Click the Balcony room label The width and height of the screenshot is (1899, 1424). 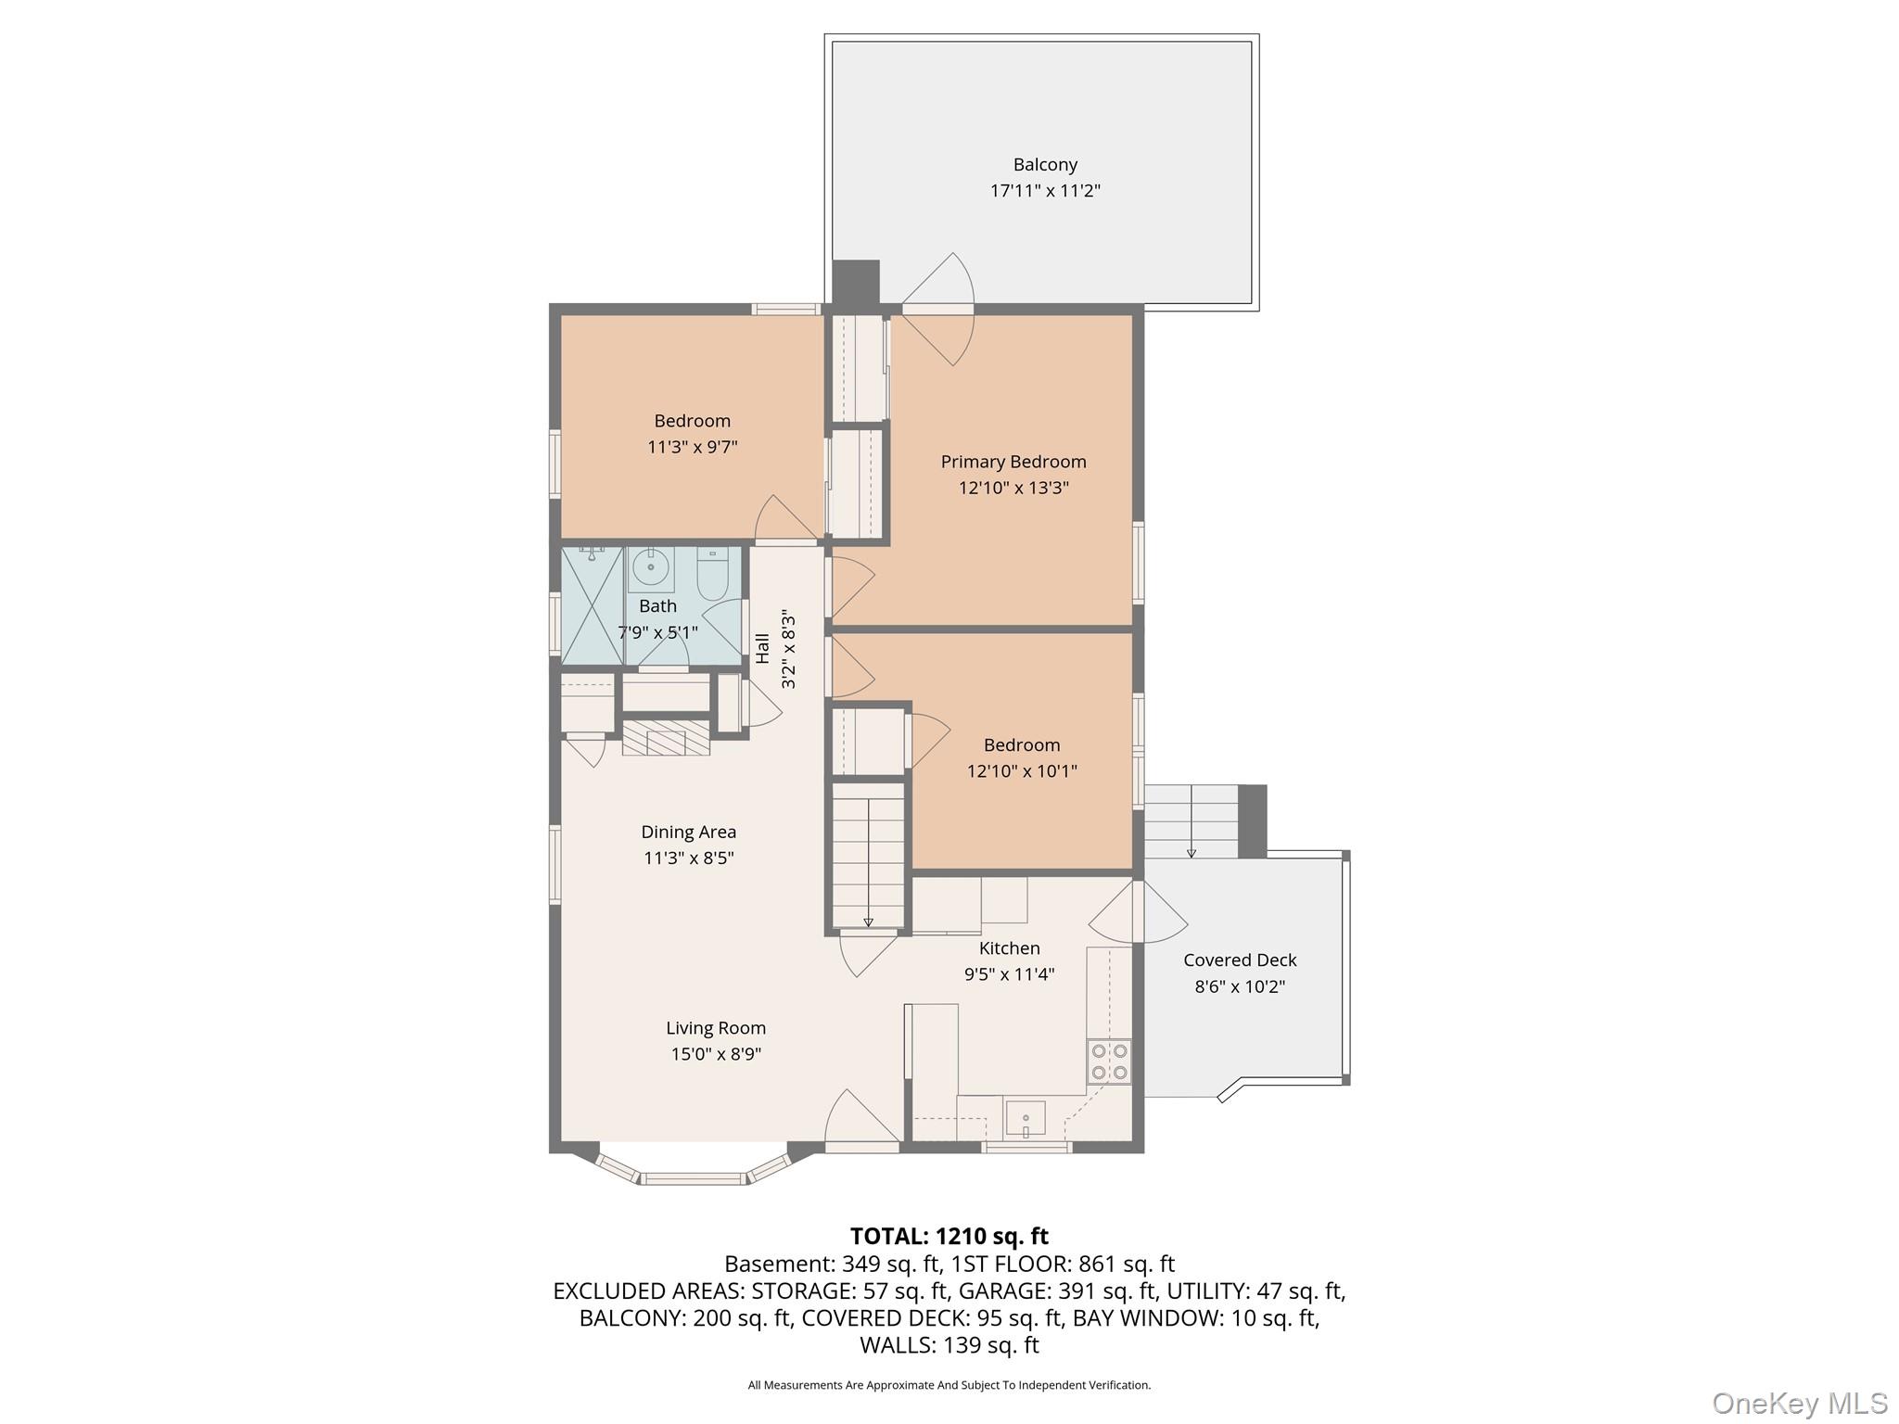[x=1045, y=165]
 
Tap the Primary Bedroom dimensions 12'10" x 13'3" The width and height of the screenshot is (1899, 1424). [x=1013, y=488]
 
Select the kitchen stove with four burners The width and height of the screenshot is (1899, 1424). [x=1109, y=1062]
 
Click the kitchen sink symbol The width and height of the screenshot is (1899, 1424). [x=1026, y=1118]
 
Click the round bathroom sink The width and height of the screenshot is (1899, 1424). [x=651, y=566]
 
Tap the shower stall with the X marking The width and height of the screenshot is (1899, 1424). [x=592, y=604]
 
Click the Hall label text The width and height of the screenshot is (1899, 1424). [x=763, y=648]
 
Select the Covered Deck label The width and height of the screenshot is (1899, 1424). [x=1240, y=960]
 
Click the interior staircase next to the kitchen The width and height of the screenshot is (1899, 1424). [x=867, y=855]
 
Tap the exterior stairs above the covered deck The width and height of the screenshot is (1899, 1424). [x=1191, y=821]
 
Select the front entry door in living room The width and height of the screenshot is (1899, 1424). [x=862, y=1122]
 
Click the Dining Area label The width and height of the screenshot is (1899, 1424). [x=688, y=833]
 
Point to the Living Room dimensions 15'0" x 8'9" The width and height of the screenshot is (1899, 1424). [x=716, y=1054]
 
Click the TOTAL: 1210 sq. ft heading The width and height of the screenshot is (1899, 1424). [x=949, y=1236]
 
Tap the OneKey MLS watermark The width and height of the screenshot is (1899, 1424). [x=1799, y=1403]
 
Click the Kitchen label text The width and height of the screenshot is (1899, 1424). [x=1009, y=948]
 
